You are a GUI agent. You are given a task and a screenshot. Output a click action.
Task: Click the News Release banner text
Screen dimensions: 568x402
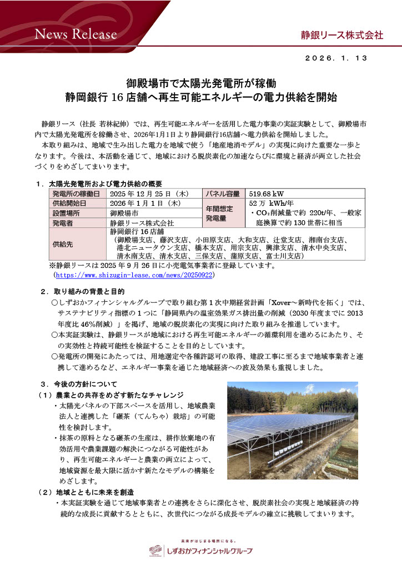(76, 34)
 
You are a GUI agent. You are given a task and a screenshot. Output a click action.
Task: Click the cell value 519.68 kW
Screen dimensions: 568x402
(267, 194)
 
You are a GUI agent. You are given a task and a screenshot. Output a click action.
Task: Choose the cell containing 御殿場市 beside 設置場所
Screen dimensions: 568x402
(124, 213)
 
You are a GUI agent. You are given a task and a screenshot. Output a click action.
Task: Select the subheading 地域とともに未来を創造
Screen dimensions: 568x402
(95, 491)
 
